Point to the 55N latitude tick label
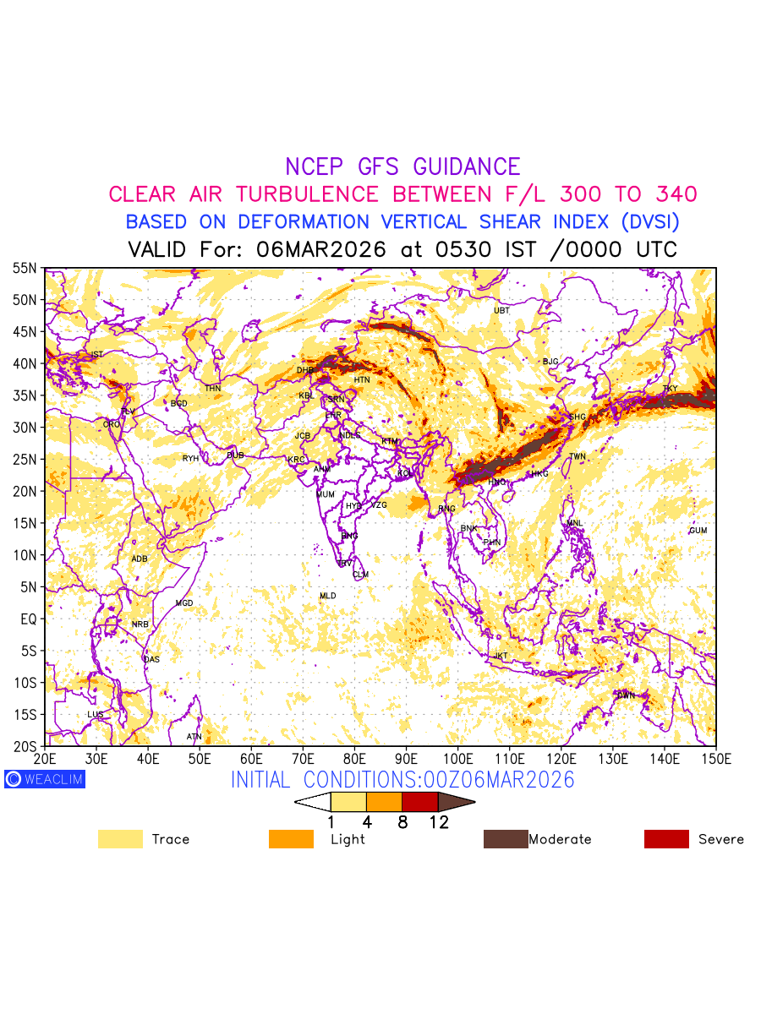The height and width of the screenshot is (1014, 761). click(25, 268)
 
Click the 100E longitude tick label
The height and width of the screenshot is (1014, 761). click(458, 755)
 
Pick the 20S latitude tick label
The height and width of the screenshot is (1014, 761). click(25, 746)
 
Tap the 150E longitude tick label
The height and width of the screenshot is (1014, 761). click(715, 755)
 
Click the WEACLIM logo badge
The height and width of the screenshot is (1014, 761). click(44, 779)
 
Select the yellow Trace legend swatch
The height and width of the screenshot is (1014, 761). click(120, 839)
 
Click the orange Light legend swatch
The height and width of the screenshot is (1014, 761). click(291, 839)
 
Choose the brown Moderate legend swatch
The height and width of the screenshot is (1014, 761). click(505, 839)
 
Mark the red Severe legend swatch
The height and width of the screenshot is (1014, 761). click(666, 839)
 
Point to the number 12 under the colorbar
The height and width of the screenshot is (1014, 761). click(438, 822)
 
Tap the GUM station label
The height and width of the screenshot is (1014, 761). click(698, 531)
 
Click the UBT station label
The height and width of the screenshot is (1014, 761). click(501, 311)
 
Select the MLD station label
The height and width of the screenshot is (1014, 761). click(327, 596)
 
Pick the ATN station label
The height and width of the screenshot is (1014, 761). click(194, 737)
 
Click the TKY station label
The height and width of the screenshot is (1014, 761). click(670, 389)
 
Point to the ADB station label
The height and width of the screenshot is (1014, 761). click(140, 559)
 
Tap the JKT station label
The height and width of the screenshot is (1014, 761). click(501, 656)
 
